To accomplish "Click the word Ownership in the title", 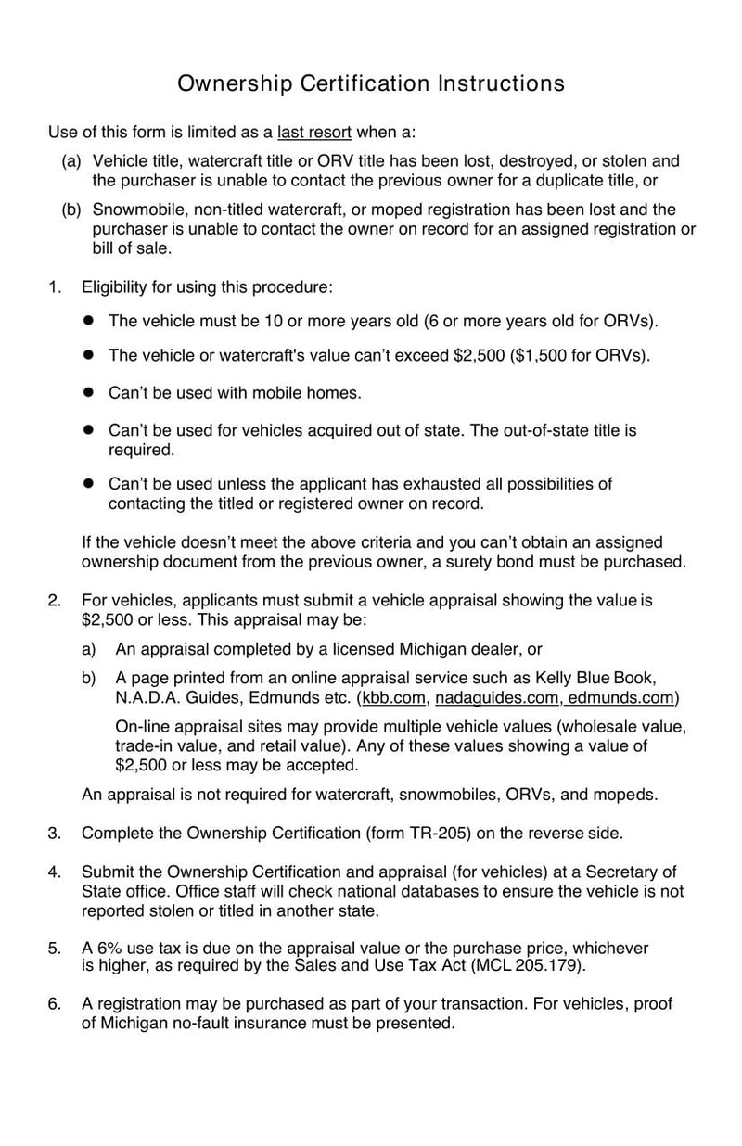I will click(234, 83).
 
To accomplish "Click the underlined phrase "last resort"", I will click(314, 132).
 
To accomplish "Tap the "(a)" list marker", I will click(71, 161).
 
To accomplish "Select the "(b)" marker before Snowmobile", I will click(71, 210).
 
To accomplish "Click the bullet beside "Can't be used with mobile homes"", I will click(89, 393).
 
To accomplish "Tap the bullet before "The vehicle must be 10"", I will click(89, 321).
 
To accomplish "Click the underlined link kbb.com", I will click(393, 697).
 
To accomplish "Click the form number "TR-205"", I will click(441, 833).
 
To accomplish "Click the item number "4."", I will click(55, 872).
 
